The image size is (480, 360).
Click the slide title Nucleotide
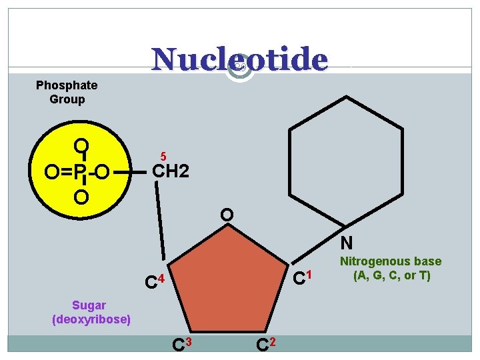(x=239, y=59)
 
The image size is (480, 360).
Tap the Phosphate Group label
(x=67, y=92)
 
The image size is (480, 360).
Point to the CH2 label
(x=171, y=172)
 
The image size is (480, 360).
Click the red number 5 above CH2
(x=163, y=156)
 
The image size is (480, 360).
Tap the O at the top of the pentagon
(x=227, y=215)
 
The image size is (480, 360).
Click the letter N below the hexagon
(x=347, y=243)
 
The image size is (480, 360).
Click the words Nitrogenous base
(x=391, y=261)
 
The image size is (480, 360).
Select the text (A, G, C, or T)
(x=391, y=275)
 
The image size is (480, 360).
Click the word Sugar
(x=89, y=305)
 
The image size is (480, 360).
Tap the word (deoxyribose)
(x=91, y=319)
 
